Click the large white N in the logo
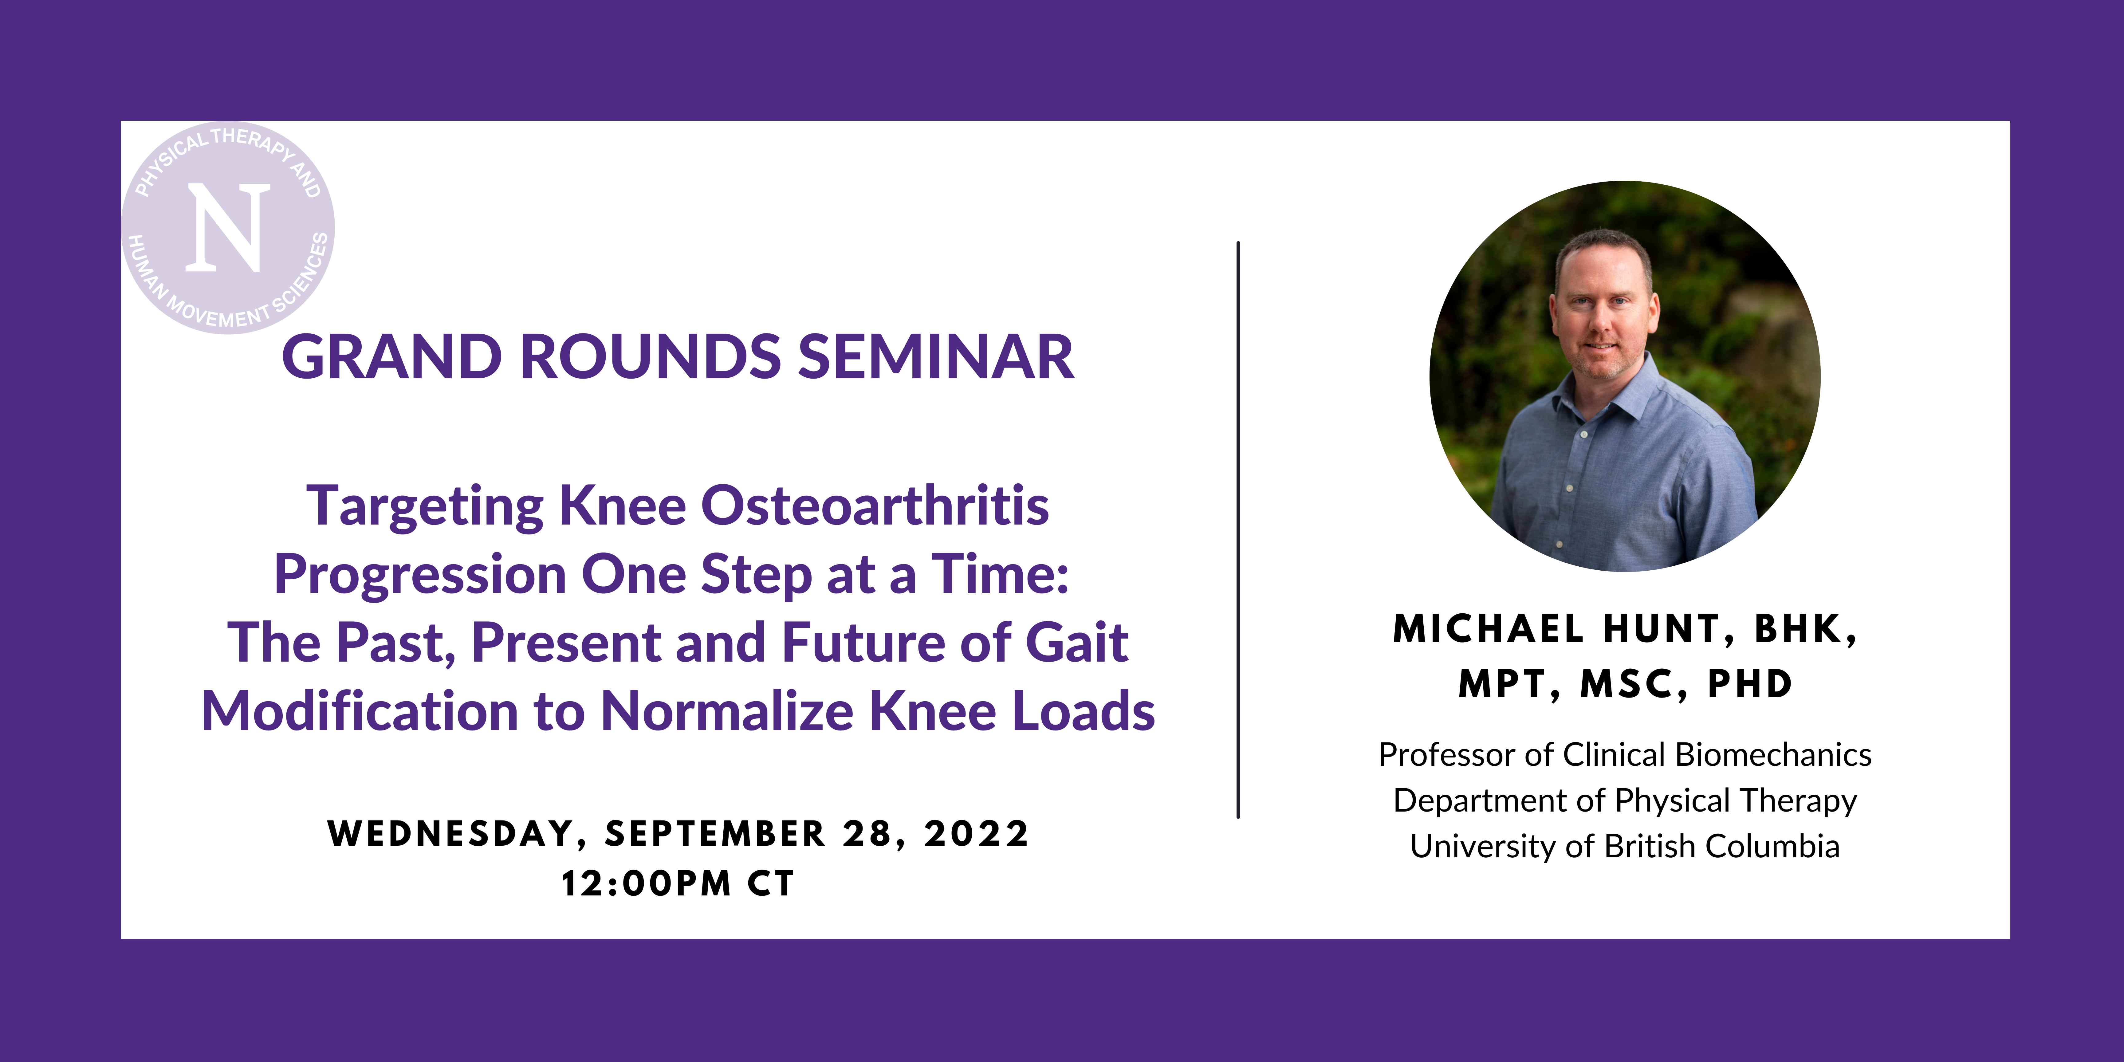pos(228,228)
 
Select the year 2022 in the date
pos(976,834)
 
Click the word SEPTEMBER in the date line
pos(715,834)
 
